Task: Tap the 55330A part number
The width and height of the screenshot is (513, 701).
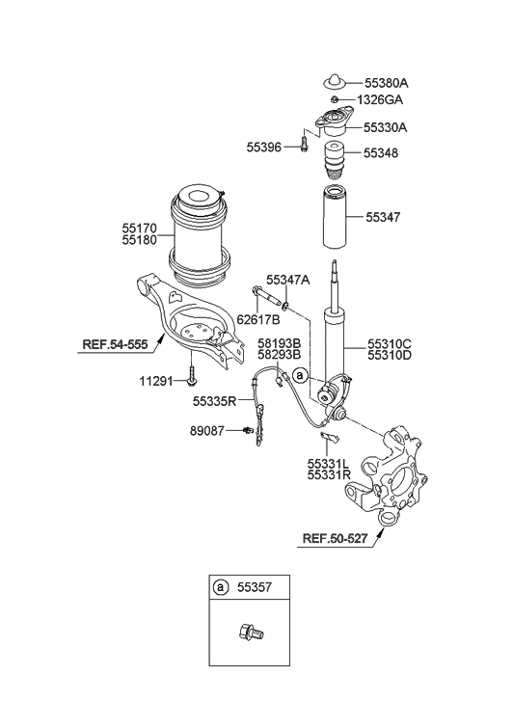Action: click(386, 126)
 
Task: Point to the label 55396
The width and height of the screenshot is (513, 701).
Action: click(265, 147)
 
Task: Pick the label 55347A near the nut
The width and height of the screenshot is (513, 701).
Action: click(288, 280)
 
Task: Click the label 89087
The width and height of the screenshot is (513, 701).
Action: click(211, 432)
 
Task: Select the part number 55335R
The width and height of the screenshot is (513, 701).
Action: click(216, 401)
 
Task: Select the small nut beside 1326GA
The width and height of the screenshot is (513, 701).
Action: click(334, 100)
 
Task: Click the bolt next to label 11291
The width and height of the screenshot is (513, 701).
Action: click(191, 378)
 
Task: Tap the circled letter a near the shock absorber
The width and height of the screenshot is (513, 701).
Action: click(300, 373)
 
